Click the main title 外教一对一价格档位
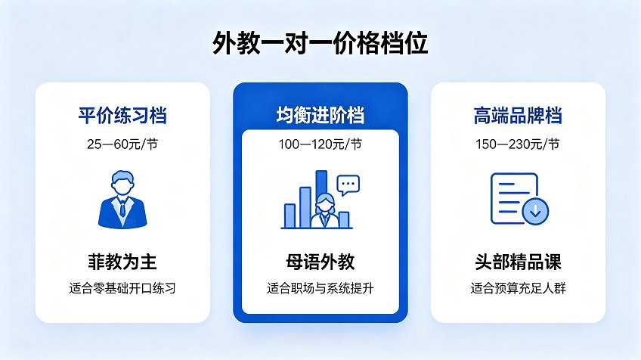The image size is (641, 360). pyautogui.click(x=320, y=42)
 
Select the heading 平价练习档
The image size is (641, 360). pyautogui.click(x=122, y=116)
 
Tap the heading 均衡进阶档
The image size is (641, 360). pyautogui.click(x=320, y=115)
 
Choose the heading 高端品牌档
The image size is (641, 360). pyautogui.click(x=518, y=116)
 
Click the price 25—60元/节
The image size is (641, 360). pyautogui.click(x=122, y=144)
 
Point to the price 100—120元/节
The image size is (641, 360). pyautogui.click(x=320, y=144)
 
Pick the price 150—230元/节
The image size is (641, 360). pyautogui.click(x=518, y=144)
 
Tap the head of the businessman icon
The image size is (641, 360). pyautogui.click(x=122, y=183)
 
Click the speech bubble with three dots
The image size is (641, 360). pyautogui.click(x=348, y=185)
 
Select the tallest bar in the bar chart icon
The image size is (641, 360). pyautogui.click(x=322, y=192)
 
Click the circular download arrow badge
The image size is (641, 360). pyautogui.click(x=535, y=211)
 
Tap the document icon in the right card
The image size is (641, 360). pyautogui.click(x=514, y=198)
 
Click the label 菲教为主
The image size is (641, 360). pyautogui.click(x=122, y=262)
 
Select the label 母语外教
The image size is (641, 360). pyautogui.click(x=320, y=262)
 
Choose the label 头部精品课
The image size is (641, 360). pyautogui.click(x=518, y=262)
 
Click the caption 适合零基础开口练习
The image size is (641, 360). pyautogui.click(x=122, y=288)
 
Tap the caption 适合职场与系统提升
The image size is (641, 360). pyautogui.click(x=320, y=288)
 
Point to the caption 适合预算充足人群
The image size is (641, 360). pyautogui.click(x=518, y=288)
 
